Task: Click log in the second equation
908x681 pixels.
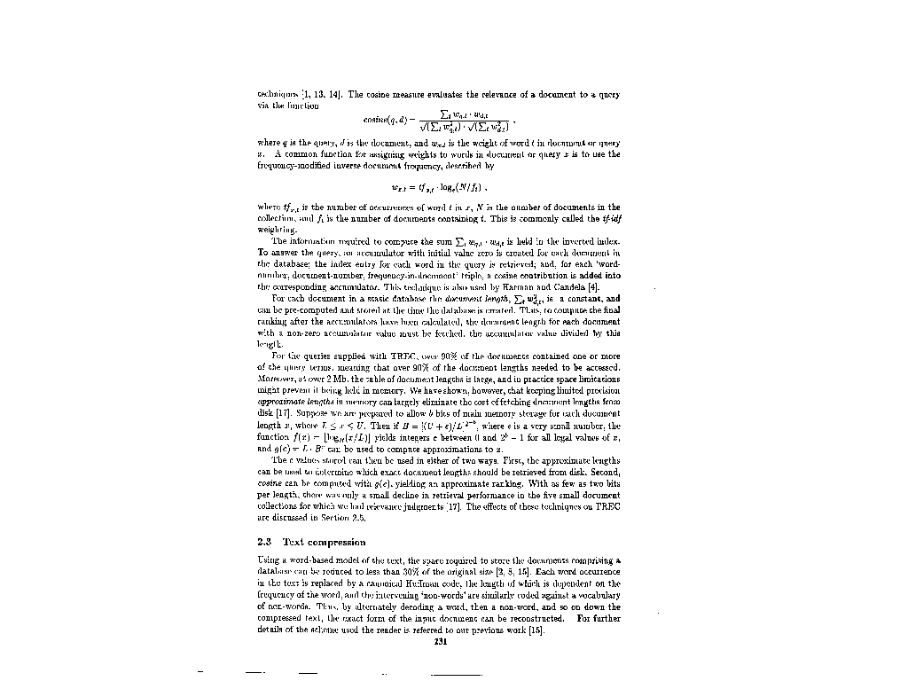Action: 438,187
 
